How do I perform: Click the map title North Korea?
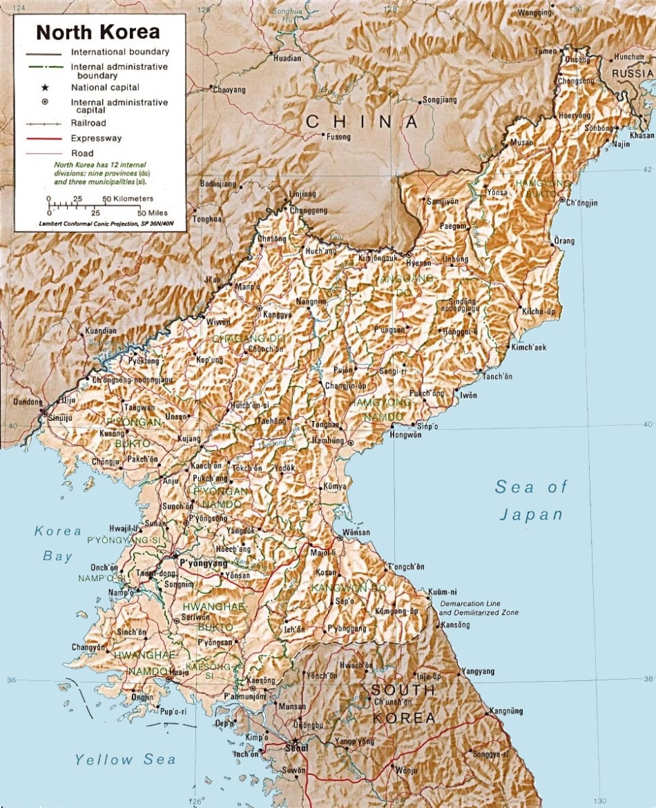tap(98, 32)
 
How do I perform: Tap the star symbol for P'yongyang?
tap(175, 554)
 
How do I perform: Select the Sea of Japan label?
tap(531, 500)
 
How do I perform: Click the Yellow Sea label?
tap(125, 760)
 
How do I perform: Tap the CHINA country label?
tap(362, 122)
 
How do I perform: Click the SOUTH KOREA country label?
tap(403, 704)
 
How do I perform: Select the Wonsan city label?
tap(356, 533)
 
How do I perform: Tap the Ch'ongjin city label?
tap(581, 203)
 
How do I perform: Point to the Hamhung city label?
tap(328, 440)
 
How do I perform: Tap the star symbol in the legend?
tap(45, 88)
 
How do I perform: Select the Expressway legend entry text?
tap(96, 138)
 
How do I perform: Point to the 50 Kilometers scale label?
tap(128, 199)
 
